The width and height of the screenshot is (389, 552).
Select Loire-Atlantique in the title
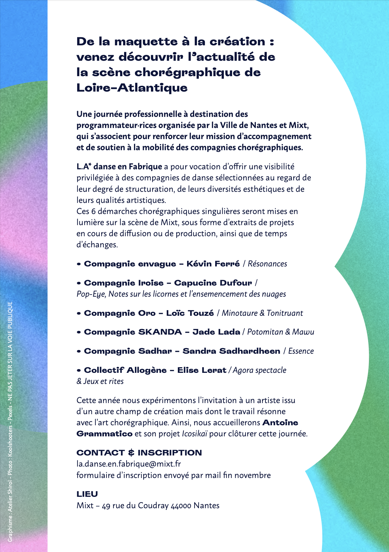pos(132,88)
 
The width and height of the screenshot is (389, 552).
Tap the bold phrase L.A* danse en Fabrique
pos(119,167)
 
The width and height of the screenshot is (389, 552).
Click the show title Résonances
pos(267,264)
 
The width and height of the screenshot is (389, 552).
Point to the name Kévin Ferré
pos(213,264)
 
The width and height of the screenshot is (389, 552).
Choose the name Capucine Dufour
pos(213,283)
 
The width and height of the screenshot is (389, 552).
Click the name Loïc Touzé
pos(190,313)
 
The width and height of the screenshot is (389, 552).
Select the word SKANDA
pos(160,332)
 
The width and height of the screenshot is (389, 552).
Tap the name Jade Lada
pos(216,332)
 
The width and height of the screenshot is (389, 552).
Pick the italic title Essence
pos(301,351)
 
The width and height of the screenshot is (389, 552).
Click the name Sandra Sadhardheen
pos(231,351)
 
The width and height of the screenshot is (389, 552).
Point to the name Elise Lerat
pos(202,370)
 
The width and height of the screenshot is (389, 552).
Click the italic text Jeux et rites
pos(103,381)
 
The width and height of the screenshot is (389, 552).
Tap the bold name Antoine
pos(280,423)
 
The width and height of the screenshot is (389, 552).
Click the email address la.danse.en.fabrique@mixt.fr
pos(129,464)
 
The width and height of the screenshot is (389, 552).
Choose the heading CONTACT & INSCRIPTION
pos(139,453)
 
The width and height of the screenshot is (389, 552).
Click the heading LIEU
pos(87,494)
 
